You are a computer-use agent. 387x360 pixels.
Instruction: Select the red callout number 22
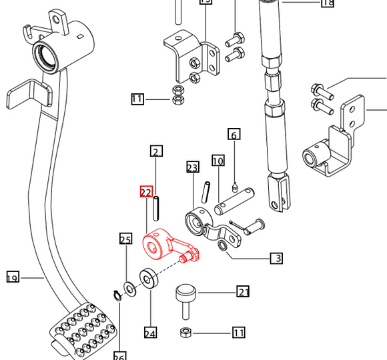point(146,192)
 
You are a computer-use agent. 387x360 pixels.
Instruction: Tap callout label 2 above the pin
point(156,151)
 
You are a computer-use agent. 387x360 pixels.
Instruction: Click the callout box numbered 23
point(193,167)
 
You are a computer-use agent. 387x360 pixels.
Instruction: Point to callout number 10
point(218,161)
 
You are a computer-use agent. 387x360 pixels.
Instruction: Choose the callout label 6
point(234,135)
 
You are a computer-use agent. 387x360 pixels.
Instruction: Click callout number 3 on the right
point(276,258)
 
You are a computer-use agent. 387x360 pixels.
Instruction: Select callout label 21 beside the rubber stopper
point(244,291)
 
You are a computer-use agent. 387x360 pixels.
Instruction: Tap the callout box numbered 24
point(150,333)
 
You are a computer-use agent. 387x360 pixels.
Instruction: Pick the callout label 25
point(125,239)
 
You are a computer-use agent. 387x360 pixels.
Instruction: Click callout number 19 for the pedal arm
point(12,277)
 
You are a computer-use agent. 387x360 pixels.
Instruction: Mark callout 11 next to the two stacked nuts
point(137,100)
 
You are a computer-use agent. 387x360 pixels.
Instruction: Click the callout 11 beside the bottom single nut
point(239,332)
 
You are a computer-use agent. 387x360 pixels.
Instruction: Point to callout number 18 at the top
point(327,3)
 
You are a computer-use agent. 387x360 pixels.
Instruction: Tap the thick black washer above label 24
point(148,278)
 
